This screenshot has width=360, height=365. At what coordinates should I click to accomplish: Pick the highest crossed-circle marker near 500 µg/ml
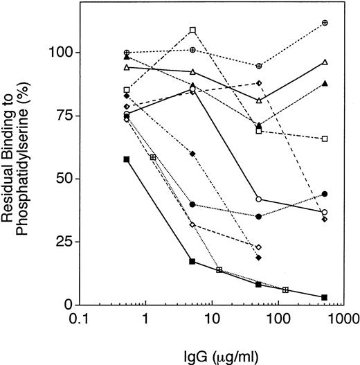pos(325,23)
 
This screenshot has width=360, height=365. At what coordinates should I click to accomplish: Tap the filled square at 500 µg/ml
pos(325,297)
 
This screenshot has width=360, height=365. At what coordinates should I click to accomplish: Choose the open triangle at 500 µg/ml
pos(325,62)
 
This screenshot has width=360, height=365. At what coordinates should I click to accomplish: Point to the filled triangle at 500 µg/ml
pos(325,83)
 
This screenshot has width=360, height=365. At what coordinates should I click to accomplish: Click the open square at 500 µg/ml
pos(325,139)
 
